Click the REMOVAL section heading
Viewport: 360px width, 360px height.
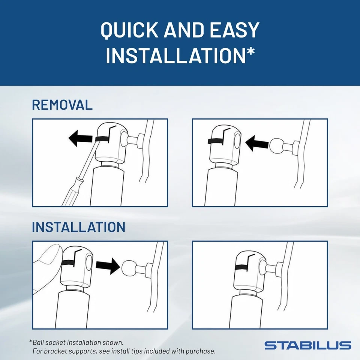pos(62,105)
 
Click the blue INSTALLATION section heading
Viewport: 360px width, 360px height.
pos(78,227)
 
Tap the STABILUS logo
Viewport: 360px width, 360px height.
pos(307,345)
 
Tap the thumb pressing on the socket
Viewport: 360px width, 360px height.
pos(47,259)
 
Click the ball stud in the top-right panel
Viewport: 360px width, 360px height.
pos(278,145)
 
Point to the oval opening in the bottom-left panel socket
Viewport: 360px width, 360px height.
pos(88,261)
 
